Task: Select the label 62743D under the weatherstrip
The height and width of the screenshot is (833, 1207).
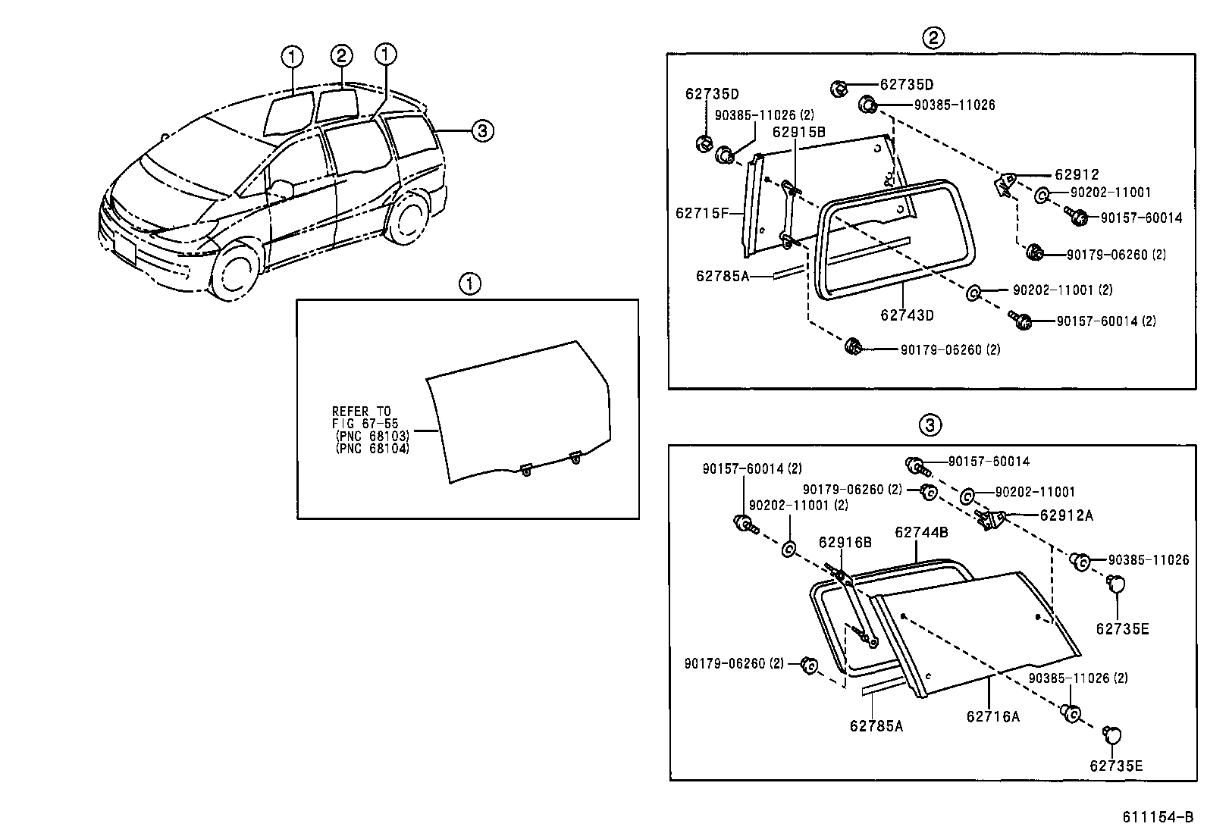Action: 907,315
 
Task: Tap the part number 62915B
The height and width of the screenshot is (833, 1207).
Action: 798,132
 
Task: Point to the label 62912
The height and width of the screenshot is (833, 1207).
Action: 1077,174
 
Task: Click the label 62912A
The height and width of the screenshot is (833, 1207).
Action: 1066,515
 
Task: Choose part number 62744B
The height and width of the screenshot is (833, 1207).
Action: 921,532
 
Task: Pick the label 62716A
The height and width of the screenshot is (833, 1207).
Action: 992,716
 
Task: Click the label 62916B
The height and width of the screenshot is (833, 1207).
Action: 845,542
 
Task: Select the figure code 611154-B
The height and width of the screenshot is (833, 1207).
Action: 1158,817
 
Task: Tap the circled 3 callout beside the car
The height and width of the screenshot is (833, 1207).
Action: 482,131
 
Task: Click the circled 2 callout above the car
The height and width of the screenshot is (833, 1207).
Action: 341,55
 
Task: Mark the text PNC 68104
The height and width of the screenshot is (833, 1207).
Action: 372,448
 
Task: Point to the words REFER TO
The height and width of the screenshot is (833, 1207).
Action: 362,412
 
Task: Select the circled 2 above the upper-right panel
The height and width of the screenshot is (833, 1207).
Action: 933,37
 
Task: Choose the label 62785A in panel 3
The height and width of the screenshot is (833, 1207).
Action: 876,726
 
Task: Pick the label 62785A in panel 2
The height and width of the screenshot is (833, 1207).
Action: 722,277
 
